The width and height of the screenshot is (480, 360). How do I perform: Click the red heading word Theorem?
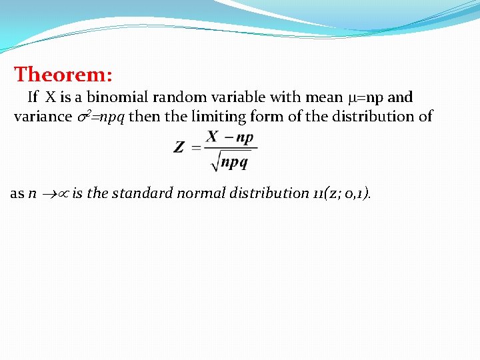(63, 74)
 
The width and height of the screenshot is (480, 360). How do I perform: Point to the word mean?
(323, 97)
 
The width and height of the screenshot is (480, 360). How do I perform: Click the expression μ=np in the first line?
(366, 97)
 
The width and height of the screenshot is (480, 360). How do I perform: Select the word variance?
(43, 117)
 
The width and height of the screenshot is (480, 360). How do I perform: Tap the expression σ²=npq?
(101, 117)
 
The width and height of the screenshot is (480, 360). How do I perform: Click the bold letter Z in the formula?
(179, 147)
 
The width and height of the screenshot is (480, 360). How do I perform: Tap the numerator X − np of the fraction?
(230, 137)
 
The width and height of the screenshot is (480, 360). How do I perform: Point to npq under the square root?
(235, 161)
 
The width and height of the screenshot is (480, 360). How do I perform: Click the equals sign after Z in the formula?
(196, 147)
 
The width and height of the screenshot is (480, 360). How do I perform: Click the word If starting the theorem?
(33, 97)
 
